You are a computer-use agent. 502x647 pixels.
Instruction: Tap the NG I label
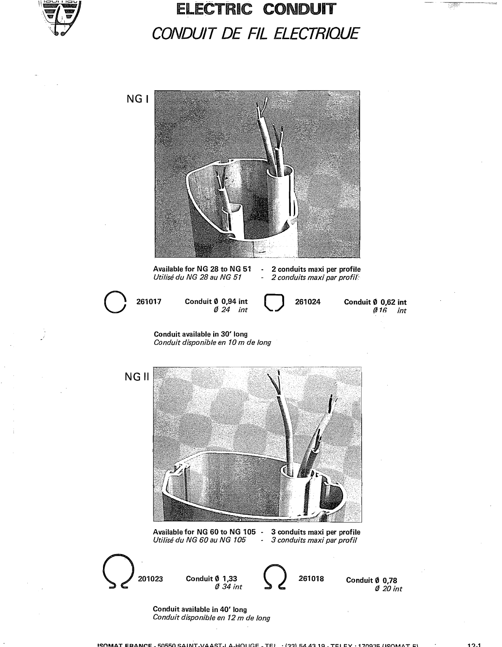tap(136, 99)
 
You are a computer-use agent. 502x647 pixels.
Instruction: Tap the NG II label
tap(137, 377)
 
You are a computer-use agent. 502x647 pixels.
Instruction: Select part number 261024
tap(308, 302)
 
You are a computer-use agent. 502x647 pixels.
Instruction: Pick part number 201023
tap(151, 579)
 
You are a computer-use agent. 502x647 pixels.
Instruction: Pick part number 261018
tap(311, 578)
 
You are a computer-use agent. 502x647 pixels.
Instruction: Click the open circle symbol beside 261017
tap(115, 303)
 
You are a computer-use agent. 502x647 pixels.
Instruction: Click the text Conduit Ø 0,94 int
tap(216, 302)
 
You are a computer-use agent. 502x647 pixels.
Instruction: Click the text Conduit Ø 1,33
tap(211, 579)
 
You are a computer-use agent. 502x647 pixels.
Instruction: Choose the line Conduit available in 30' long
tap(201, 334)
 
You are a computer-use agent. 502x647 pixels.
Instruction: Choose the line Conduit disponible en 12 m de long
tap(211, 618)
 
